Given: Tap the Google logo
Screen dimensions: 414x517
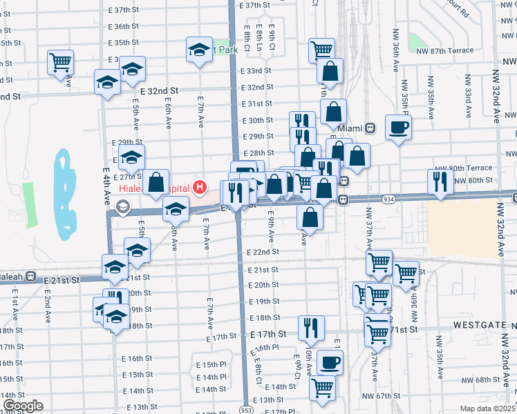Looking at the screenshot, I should [23, 406].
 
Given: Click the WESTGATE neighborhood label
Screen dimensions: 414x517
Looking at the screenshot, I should [480, 324].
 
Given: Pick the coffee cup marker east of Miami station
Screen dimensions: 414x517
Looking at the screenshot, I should [399, 127].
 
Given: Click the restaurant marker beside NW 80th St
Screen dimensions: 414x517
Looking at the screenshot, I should [440, 180].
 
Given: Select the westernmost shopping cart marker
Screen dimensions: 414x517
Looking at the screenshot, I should [61, 61].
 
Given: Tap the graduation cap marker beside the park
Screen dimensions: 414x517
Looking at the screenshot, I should [199, 50].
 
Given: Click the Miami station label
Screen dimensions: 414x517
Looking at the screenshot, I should [350, 128].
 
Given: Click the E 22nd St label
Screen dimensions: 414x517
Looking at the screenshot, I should [263, 253].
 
